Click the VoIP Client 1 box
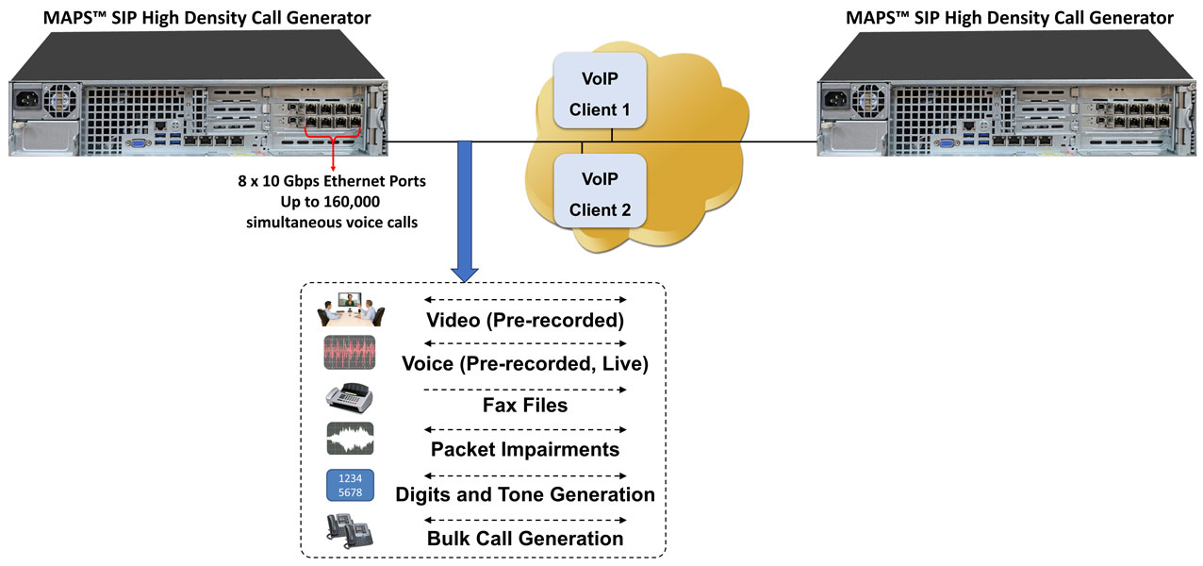pyautogui.click(x=600, y=91)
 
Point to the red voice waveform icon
pyautogui.click(x=350, y=352)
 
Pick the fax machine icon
pyautogui.click(x=350, y=397)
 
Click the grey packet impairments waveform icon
pyautogui.click(x=350, y=440)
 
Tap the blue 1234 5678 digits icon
pyautogui.click(x=350, y=486)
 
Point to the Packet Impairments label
pyautogui.click(x=525, y=450)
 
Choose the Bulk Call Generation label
pyautogui.click(x=525, y=539)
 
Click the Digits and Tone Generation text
pyautogui.click(x=525, y=494)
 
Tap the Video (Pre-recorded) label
pyautogui.click(x=525, y=321)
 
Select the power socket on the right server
pyautogui.click(x=836, y=96)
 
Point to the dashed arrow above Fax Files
pyautogui.click(x=525, y=389)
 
